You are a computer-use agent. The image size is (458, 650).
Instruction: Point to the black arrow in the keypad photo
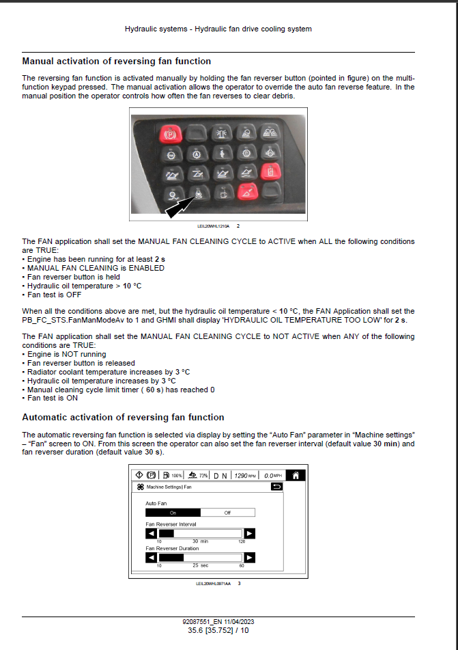[180, 204]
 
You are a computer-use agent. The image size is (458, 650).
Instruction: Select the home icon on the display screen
[295, 476]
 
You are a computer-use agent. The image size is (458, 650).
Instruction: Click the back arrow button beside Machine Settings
[296, 487]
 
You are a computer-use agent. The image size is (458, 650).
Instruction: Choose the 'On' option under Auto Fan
[173, 513]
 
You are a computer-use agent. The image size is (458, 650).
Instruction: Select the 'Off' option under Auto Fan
[227, 513]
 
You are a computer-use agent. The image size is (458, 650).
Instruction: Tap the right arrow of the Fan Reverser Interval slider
[250, 534]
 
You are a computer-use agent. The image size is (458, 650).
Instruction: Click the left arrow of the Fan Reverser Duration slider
[152, 557]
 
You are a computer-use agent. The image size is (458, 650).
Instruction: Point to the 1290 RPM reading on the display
[244, 476]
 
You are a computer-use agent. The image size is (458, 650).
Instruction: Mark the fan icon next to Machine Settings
[141, 487]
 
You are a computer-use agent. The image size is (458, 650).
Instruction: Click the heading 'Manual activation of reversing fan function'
[117, 62]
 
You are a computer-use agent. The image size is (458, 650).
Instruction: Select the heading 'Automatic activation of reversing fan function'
[123, 417]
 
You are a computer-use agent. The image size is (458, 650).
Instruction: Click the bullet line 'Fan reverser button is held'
[72, 277]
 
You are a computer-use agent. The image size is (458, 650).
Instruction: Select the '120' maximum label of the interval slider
[242, 542]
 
